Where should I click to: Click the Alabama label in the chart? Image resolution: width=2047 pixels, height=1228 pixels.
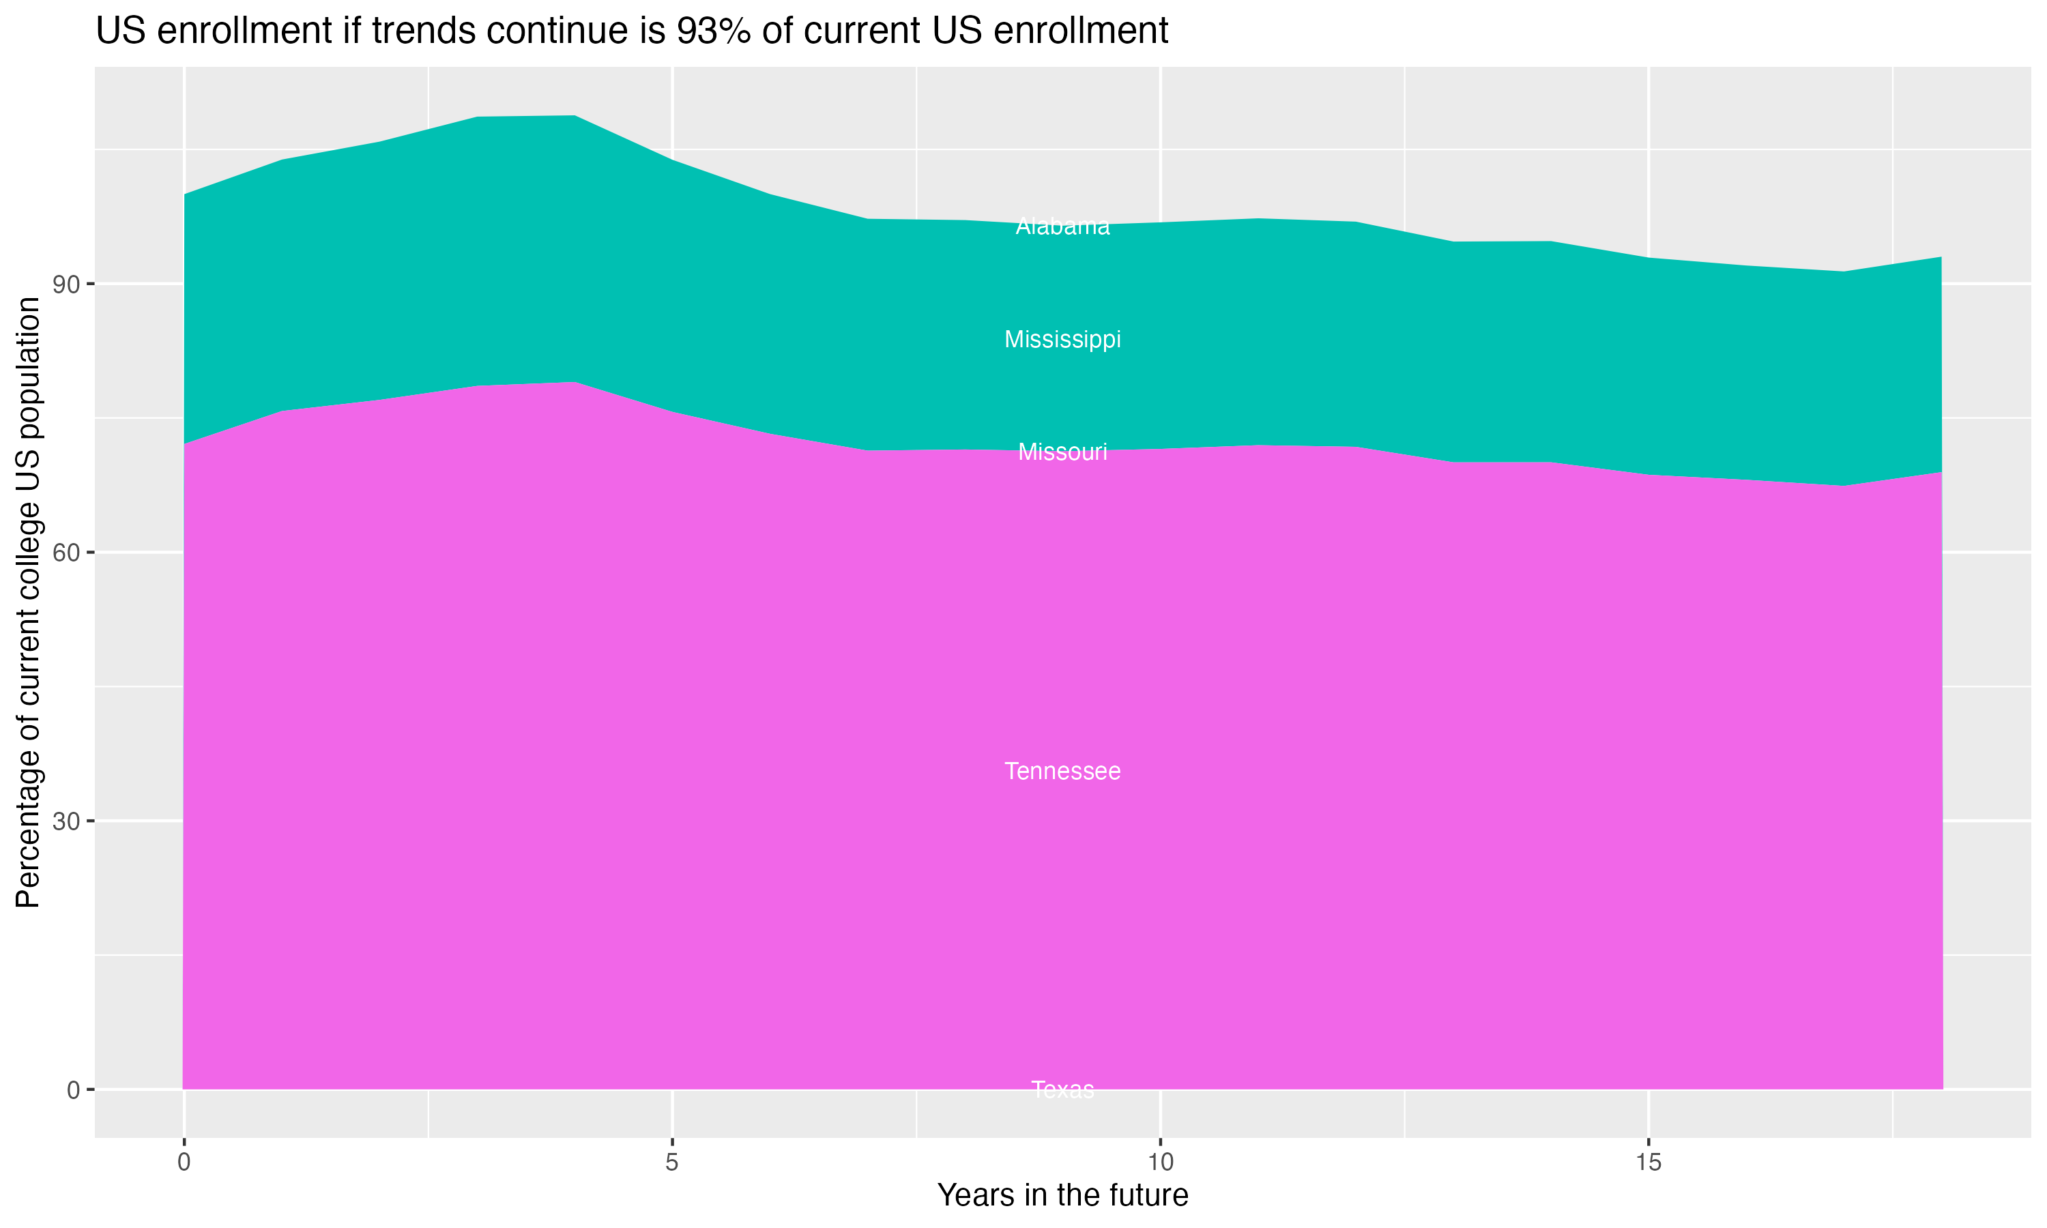(x=1062, y=226)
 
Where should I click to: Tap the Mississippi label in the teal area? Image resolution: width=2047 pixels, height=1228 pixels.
(x=1062, y=339)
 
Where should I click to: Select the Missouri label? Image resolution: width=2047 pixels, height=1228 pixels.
(x=1062, y=452)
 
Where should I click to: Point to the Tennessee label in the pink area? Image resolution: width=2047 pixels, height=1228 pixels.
(x=1062, y=771)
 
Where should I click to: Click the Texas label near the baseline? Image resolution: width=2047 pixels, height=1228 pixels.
(x=1062, y=1090)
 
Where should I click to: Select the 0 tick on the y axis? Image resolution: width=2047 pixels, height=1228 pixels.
(x=74, y=1090)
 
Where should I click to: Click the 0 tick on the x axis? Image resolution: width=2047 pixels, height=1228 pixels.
(x=184, y=1163)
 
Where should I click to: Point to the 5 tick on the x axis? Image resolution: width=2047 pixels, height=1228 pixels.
(x=672, y=1163)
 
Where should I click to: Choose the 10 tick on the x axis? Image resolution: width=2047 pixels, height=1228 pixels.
(x=1160, y=1163)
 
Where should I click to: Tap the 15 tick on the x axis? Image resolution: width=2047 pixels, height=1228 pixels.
(x=1649, y=1163)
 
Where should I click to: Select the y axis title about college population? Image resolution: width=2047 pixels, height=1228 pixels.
(x=28, y=602)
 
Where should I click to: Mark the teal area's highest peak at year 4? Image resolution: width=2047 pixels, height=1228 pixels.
(x=575, y=116)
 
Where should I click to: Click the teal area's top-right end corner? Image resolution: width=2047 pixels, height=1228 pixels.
(x=1941, y=257)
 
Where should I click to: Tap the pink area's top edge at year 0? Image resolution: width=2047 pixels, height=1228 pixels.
(x=184, y=444)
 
